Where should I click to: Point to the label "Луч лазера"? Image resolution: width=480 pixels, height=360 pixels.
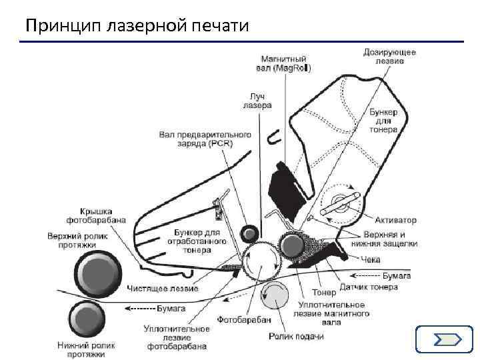pyautogui.click(x=257, y=100)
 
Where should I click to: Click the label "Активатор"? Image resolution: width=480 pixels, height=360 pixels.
pyautogui.click(x=395, y=219)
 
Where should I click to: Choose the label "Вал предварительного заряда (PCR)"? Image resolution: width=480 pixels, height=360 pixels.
pyautogui.click(x=205, y=139)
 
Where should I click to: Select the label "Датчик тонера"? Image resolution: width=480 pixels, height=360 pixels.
pyautogui.click(x=369, y=287)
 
